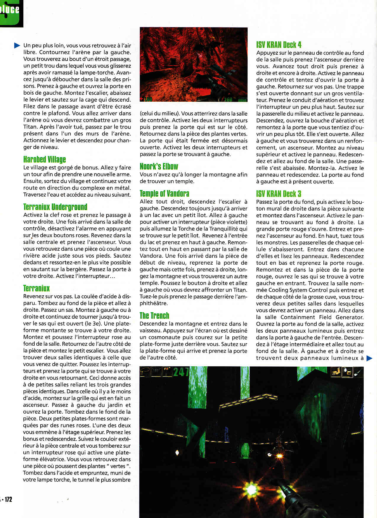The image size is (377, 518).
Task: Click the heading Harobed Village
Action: tap(44, 160)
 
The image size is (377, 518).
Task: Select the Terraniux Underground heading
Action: tap(55, 207)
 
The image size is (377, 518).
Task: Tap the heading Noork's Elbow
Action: tap(159, 166)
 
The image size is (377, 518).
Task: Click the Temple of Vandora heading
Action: tap(164, 194)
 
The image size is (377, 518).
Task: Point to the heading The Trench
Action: tap(154, 316)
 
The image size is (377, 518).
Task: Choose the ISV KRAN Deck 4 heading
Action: tap(279, 45)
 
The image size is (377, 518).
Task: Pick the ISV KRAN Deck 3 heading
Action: tap(279, 194)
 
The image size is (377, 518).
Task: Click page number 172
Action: tap(8, 499)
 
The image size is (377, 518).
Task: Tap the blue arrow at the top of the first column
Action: tap(17, 46)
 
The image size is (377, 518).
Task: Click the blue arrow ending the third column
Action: tap(369, 358)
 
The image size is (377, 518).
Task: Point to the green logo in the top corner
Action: tap(11, 13)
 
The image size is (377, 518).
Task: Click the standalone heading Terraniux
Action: tap(36, 289)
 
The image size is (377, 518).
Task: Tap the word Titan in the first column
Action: tap(30, 127)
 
